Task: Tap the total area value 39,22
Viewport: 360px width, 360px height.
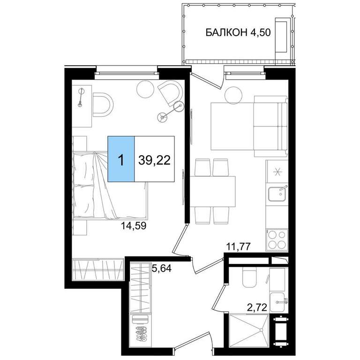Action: tap(154, 160)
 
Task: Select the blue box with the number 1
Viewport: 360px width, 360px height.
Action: tap(121, 159)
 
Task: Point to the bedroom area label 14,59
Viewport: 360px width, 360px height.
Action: tap(134, 226)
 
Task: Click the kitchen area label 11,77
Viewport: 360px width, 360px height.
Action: tap(238, 247)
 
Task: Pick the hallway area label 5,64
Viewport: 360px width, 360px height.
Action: tap(162, 268)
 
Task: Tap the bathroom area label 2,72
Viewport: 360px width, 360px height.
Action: tap(257, 307)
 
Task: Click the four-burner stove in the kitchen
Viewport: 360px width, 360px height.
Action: tap(277, 240)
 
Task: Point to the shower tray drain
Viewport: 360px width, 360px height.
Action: tap(261, 330)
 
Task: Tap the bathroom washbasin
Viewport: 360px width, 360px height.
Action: tap(278, 302)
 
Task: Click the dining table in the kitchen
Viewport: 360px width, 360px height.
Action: tap(213, 191)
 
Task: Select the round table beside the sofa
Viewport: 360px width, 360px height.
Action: tap(233, 95)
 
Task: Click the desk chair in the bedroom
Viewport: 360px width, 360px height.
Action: tap(103, 105)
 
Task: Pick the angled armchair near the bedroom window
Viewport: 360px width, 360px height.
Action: tap(170, 92)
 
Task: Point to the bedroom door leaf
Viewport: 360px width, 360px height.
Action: tap(180, 239)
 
